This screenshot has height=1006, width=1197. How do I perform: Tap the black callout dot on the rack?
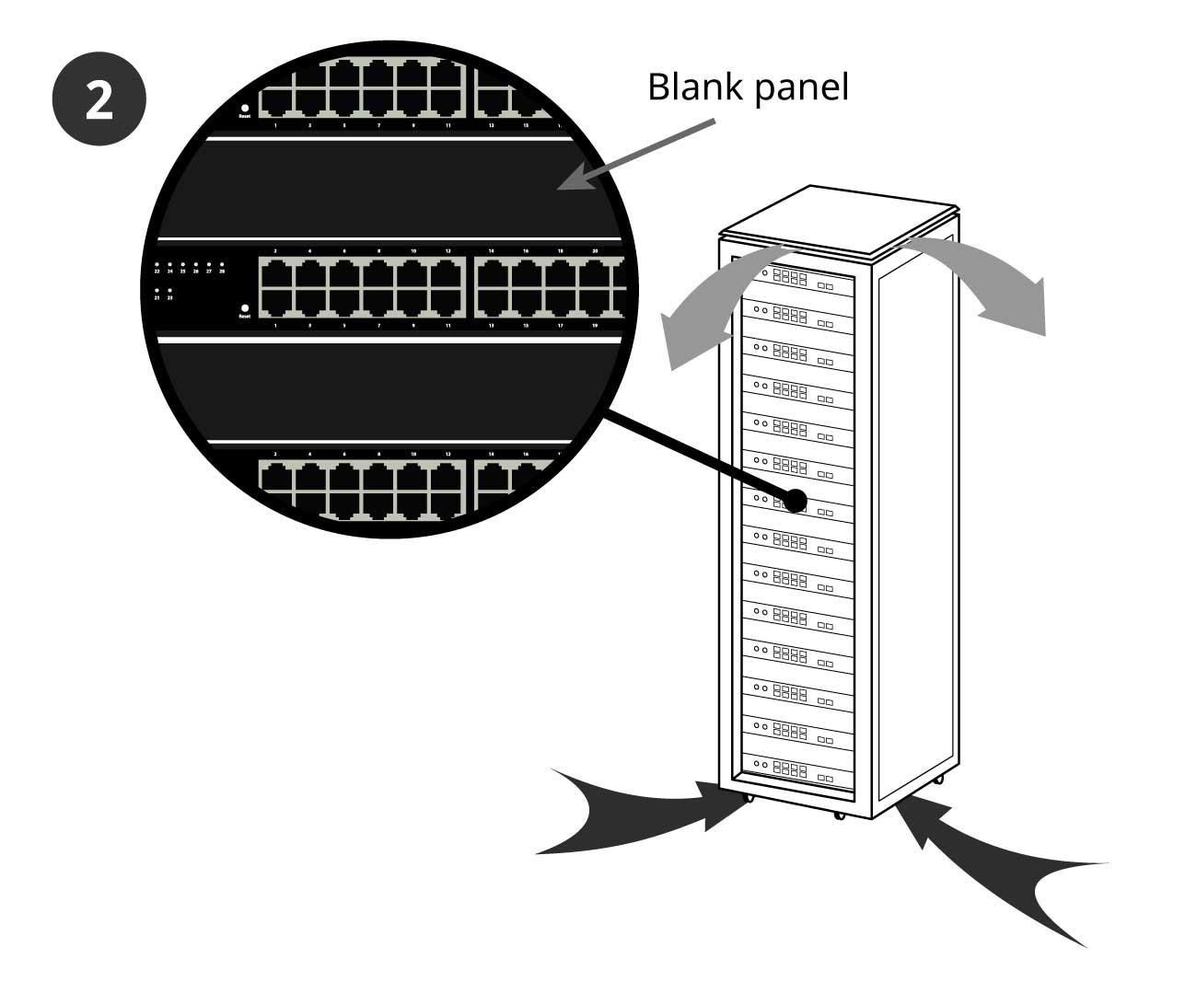pos(794,501)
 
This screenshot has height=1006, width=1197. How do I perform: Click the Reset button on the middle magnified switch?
pos(244,308)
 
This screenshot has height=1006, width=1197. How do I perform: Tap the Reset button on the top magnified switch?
pos(244,109)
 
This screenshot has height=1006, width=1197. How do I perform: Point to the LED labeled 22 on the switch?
pos(157,265)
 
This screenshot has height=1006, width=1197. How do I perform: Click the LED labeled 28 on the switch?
pos(222,265)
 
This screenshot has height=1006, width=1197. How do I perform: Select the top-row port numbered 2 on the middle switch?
pos(275,274)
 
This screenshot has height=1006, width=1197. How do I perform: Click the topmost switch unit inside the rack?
pos(796,277)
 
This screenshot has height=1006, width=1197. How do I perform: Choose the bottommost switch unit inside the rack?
pos(796,768)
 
